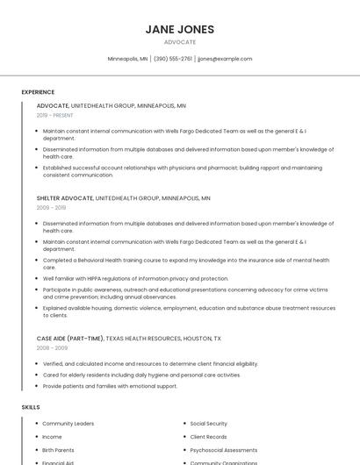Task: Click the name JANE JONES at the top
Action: click(x=180, y=29)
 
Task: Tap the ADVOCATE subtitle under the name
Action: click(x=180, y=42)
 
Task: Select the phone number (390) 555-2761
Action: click(x=173, y=59)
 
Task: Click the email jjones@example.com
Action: click(x=225, y=59)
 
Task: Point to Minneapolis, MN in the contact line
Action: click(x=127, y=59)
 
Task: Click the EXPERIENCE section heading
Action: click(x=38, y=92)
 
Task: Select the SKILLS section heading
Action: click(x=31, y=407)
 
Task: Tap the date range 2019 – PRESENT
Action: click(x=55, y=115)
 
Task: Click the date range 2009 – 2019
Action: click(x=51, y=208)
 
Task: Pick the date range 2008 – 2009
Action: click(x=51, y=347)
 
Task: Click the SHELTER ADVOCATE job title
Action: click(x=64, y=198)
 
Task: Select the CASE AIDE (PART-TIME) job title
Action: click(x=70, y=338)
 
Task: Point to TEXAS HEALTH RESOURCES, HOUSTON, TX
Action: click(x=164, y=338)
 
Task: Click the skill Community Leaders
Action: click(x=68, y=424)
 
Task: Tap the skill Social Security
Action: click(x=208, y=424)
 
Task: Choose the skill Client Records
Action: click(x=208, y=437)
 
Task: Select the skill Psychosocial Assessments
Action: click(x=224, y=450)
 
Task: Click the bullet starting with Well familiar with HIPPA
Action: click(x=135, y=278)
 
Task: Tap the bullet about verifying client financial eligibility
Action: click(x=150, y=363)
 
